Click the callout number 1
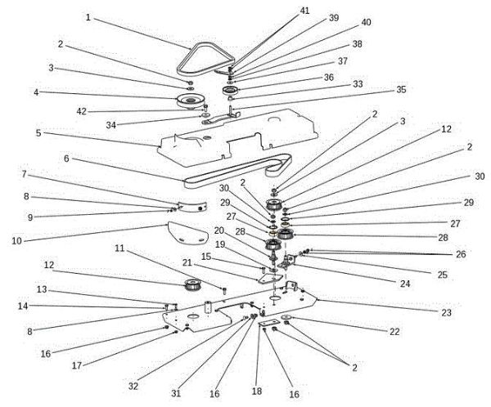88,17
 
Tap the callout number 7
26,173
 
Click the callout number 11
120,247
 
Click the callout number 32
133,386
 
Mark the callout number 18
257,391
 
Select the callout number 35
400,89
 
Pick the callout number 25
442,275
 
